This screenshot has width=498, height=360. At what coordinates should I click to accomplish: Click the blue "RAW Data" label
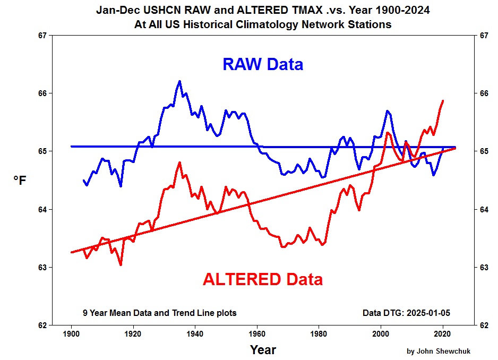(263, 64)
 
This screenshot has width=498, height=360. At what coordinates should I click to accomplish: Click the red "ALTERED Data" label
(262, 279)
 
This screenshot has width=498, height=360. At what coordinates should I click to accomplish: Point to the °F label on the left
(19, 181)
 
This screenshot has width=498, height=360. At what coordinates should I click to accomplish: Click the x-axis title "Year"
(263, 350)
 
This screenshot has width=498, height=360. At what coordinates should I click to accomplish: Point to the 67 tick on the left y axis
(42, 36)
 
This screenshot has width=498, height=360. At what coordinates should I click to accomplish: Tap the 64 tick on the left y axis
(42, 209)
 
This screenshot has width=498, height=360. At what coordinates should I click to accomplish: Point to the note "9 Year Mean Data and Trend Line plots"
(159, 313)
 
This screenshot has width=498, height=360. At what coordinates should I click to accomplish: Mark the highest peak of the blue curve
(179, 81)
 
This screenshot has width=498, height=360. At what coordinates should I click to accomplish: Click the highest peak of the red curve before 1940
(179, 162)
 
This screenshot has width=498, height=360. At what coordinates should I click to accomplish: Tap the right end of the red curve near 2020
(443, 100)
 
